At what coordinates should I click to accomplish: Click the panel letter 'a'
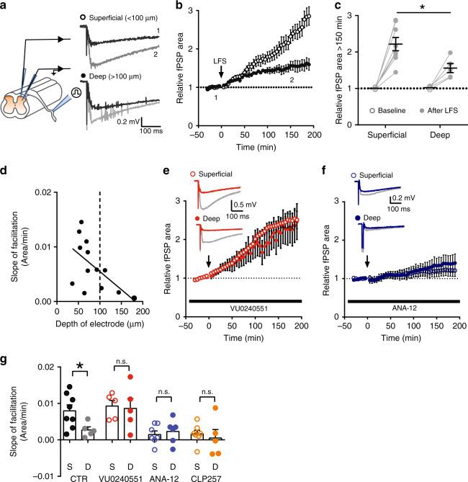6,6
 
